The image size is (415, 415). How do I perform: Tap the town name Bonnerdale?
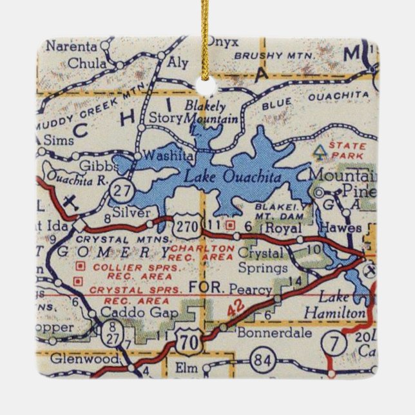[266, 334]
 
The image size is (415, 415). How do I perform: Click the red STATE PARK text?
[347, 150]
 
